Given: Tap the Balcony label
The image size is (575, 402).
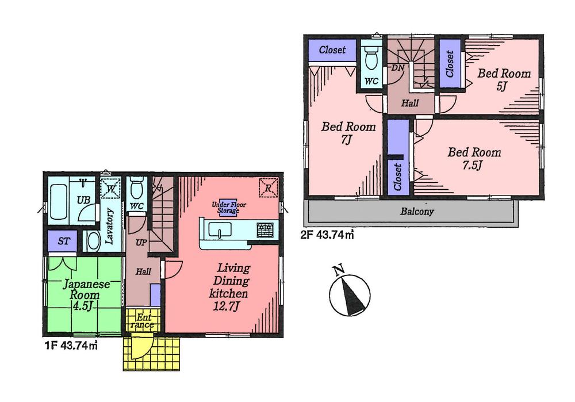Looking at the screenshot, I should click(x=417, y=211).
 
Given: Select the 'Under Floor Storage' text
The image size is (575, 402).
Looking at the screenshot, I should click(x=225, y=208).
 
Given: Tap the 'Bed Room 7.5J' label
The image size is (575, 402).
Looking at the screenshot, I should click(x=474, y=159).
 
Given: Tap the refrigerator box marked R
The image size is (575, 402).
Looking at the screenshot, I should click(x=267, y=187).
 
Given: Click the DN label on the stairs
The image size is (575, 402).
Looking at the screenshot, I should click(x=396, y=68).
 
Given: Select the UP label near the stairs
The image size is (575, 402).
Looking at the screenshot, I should click(x=140, y=243).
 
